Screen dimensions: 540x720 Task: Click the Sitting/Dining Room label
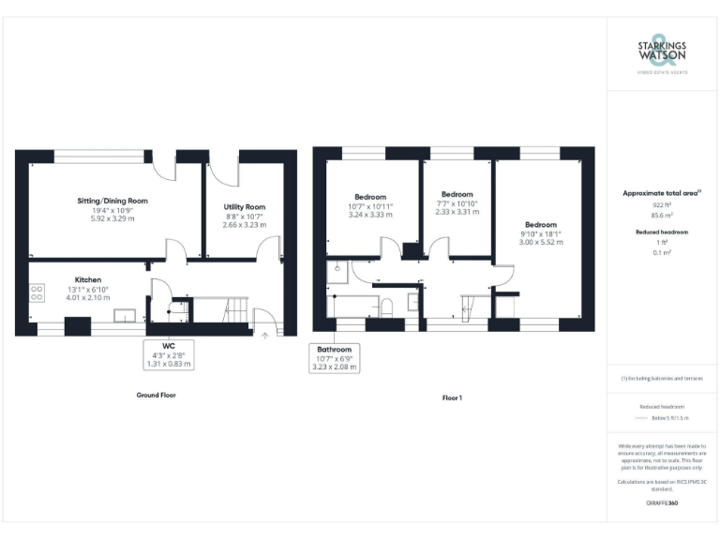coord(112,201)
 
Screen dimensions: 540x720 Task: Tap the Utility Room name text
coord(244,206)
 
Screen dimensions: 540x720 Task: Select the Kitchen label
coord(88,278)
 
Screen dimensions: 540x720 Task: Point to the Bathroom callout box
coord(334,357)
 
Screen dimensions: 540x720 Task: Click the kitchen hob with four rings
coord(37,292)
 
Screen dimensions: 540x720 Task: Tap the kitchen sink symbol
coord(125,316)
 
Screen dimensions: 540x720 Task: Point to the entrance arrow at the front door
coord(266,333)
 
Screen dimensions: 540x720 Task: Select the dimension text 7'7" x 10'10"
coord(458,203)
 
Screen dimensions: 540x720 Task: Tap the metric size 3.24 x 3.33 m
coord(370,215)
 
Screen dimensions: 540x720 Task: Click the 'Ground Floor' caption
coord(156,396)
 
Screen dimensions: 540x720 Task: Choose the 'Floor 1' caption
coord(452,397)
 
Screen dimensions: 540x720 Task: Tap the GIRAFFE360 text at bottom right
coord(662,503)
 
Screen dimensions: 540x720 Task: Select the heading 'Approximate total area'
coord(662,192)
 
